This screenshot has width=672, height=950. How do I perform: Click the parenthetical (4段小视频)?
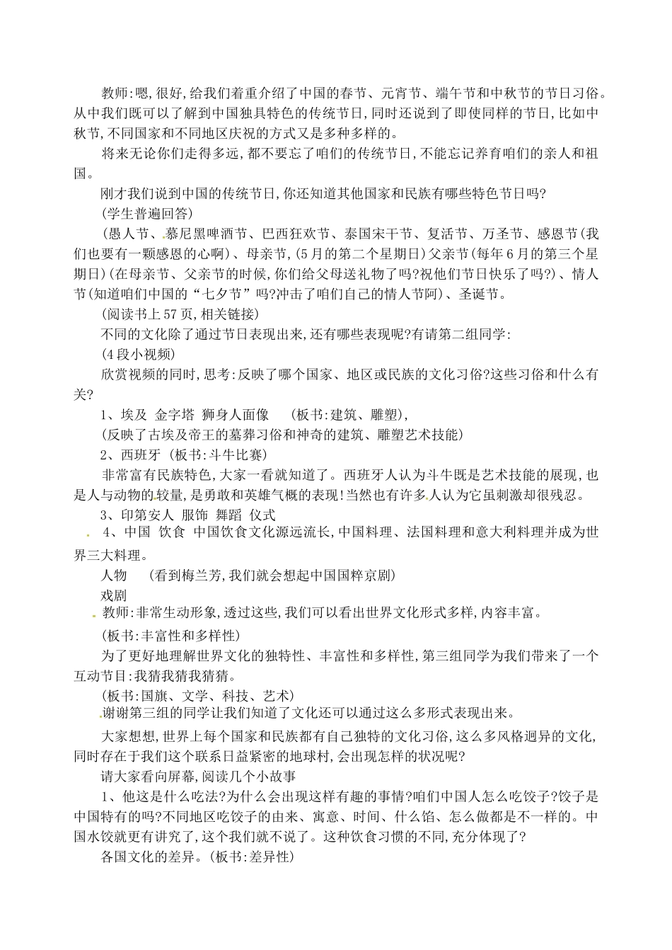coord(138,353)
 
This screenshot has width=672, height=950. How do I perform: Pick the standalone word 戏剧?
coord(115,595)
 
